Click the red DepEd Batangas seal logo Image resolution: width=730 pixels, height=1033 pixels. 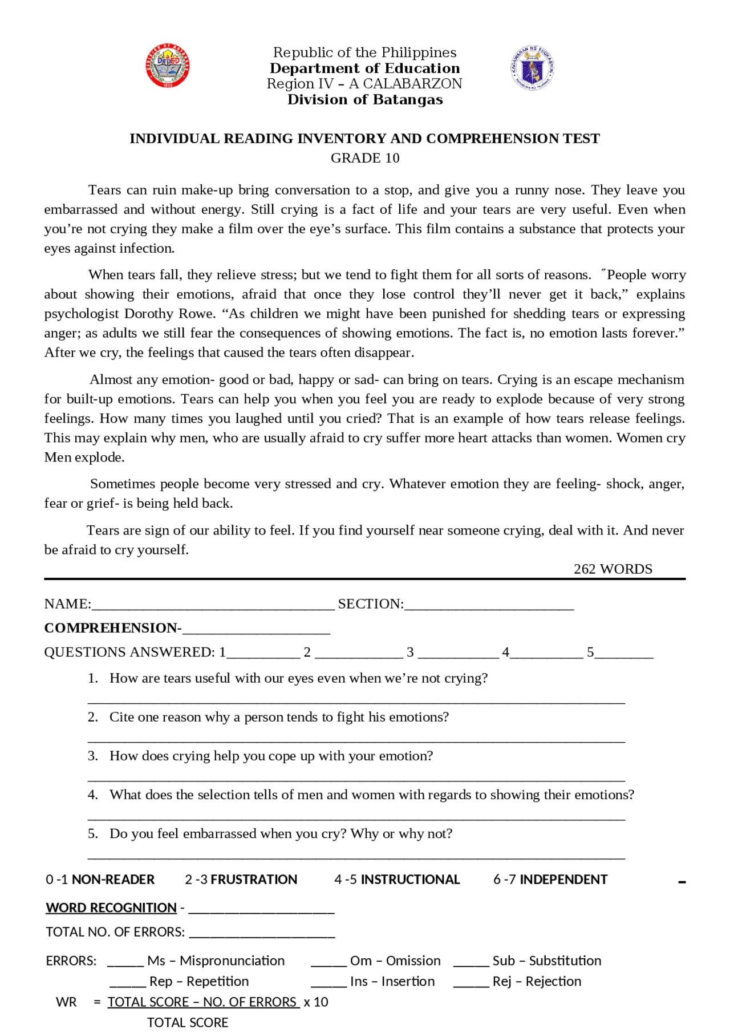[x=168, y=66]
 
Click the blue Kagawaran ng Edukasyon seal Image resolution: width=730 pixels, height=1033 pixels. [x=532, y=68]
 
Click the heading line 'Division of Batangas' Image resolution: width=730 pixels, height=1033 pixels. [x=365, y=100]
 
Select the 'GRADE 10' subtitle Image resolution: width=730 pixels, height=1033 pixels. [x=365, y=158]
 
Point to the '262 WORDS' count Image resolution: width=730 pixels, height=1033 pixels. [x=613, y=569]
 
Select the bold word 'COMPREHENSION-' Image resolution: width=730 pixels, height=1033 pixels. [x=112, y=628]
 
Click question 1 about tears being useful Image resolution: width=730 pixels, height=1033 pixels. [x=298, y=678]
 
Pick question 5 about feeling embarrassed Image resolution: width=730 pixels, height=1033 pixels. [x=281, y=833]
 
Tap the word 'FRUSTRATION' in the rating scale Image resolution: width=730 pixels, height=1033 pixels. [x=254, y=880]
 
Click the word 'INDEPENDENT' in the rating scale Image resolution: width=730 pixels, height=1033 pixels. [x=563, y=880]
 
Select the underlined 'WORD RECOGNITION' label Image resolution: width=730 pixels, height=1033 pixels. [x=111, y=908]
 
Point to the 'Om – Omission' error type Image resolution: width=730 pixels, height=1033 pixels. [x=395, y=961]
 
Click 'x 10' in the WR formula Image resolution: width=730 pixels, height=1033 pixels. [x=316, y=1002]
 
